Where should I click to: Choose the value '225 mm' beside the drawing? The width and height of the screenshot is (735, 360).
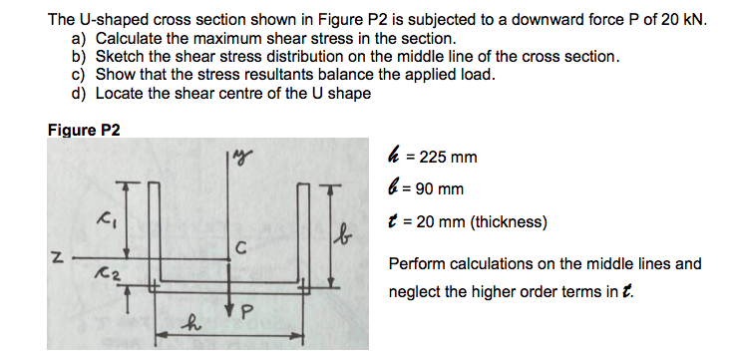[448, 158]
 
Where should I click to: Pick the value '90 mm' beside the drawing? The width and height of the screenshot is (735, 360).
[443, 188]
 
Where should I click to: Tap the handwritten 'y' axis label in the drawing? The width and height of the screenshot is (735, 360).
[243, 158]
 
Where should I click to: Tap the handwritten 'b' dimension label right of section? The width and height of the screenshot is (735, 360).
[343, 240]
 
